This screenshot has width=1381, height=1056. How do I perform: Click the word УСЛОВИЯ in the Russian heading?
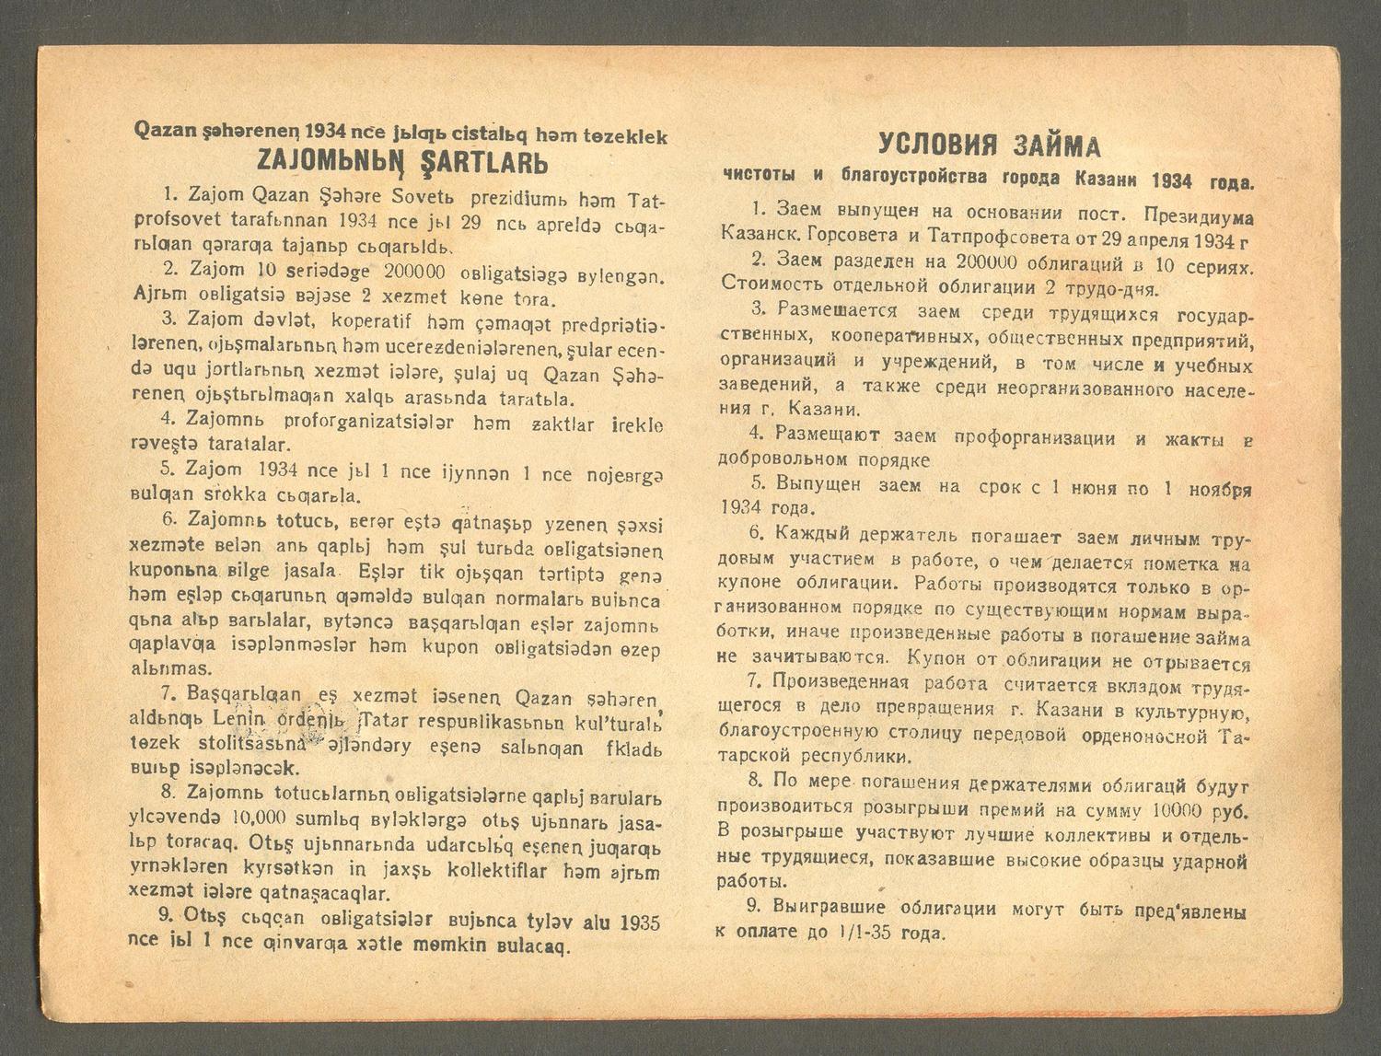(x=931, y=145)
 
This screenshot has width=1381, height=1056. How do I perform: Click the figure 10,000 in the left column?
(x=261, y=818)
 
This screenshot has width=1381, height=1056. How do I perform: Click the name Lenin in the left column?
(x=238, y=718)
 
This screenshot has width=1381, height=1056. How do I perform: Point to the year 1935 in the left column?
(x=641, y=922)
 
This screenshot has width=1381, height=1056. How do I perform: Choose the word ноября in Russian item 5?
(x=1219, y=489)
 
